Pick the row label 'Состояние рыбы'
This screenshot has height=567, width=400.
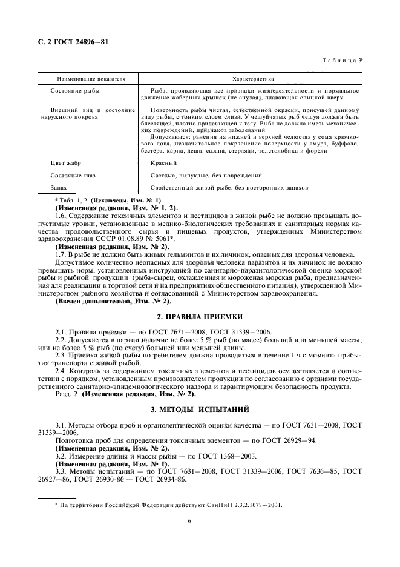75,90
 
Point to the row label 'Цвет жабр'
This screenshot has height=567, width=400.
66,164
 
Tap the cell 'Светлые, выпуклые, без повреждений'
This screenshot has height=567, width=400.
206,176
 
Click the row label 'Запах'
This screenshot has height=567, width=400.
59,188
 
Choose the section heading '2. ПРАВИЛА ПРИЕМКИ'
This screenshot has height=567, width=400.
200,317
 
